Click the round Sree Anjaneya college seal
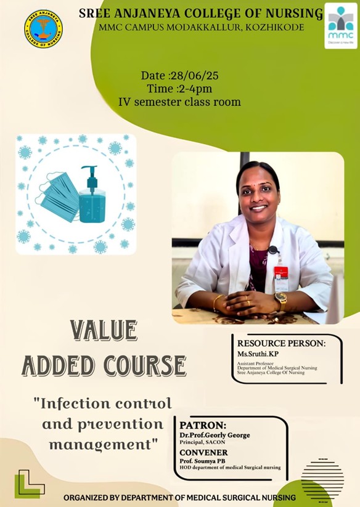pos(43,29)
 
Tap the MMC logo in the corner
pos(341,26)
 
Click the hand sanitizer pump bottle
pos(92,194)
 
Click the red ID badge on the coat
pos(280,272)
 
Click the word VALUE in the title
pos(104,330)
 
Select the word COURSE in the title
pos(145,366)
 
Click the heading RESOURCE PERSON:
pos(281,343)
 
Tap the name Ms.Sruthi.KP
pos(258,354)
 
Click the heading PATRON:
pos(203,425)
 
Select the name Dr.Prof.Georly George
pos(215,435)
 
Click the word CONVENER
pos(203,452)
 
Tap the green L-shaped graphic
pos(29,484)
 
